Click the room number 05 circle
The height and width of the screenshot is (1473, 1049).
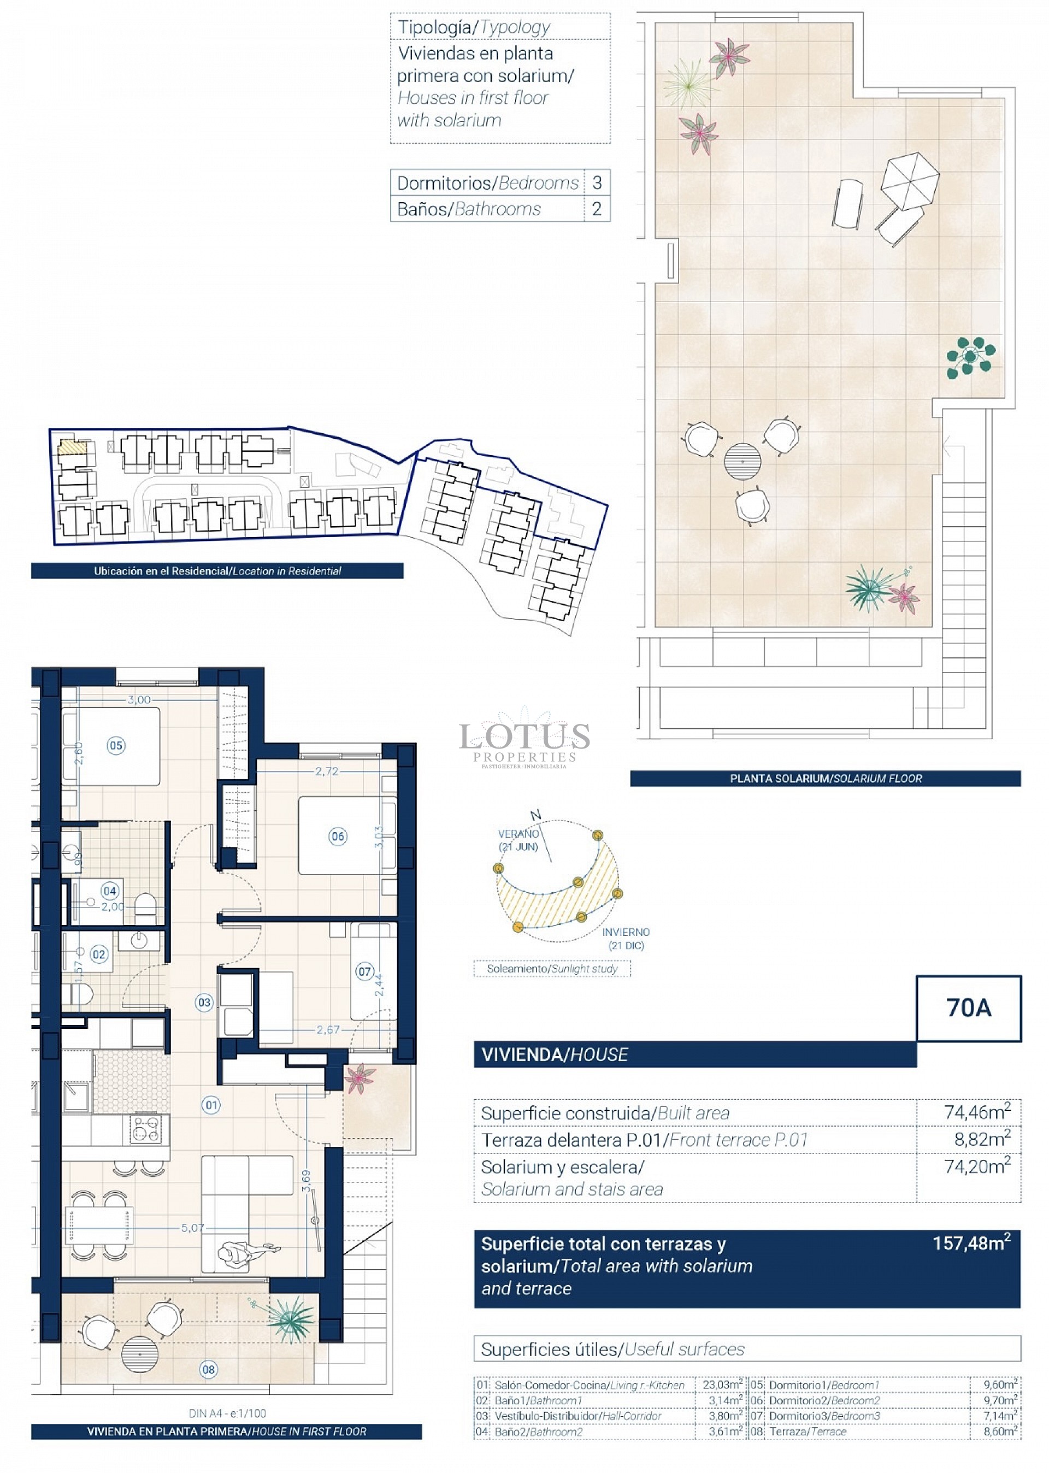(116, 745)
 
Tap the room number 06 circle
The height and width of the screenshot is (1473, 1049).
(338, 836)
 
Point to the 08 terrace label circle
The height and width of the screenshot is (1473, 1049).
(208, 1369)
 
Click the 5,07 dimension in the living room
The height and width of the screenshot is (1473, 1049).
(192, 1228)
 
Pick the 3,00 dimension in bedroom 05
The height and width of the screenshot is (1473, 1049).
(139, 699)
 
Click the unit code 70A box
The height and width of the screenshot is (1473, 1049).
(968, 1008)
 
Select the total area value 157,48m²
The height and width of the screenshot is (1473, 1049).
(971, 1243)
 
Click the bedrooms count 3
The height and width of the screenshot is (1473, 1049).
(597, 182)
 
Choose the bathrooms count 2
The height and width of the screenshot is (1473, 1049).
(597, 209)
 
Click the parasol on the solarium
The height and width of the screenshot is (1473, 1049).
(910, 181)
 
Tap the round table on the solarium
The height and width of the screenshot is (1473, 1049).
(742, 461)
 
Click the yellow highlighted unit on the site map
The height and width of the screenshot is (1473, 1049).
(72, 446)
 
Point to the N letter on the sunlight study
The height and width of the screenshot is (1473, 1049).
(535, 815)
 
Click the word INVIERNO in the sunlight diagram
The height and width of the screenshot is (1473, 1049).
(626, 932)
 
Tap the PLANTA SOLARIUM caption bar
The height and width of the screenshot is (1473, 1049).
(825, 778)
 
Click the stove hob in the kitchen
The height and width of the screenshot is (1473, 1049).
(145, 1129)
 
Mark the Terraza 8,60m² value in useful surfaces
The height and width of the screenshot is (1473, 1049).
(1000, 1431)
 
